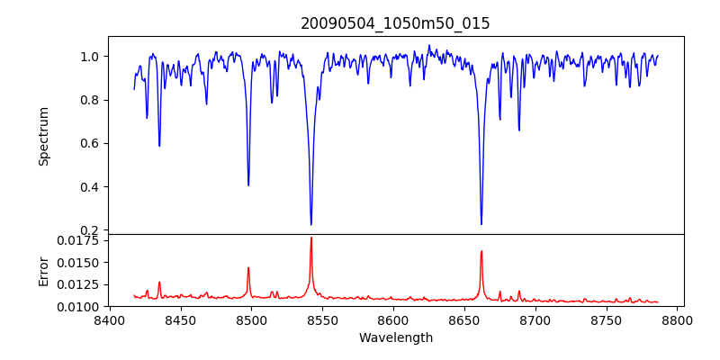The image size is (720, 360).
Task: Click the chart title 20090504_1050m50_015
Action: [x=395, y=23]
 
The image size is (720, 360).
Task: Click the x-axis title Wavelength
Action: [x=395, y=337]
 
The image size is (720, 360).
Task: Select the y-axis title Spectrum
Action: [x=44, y=136]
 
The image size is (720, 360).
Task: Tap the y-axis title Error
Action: [x=44, y=271]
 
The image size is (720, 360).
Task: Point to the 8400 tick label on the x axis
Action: [x=109, y=319]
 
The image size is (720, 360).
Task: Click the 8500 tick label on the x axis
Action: [x=251, y=319]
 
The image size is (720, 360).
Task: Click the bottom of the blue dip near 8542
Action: [x=310, y=224]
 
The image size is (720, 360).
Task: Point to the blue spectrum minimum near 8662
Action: [x=481, y=224]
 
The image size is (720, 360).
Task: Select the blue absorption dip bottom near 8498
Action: [x=248, y=184]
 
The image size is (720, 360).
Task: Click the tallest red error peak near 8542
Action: [x=310, y=238]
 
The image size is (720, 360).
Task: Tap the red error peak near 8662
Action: [x=481, y=251]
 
